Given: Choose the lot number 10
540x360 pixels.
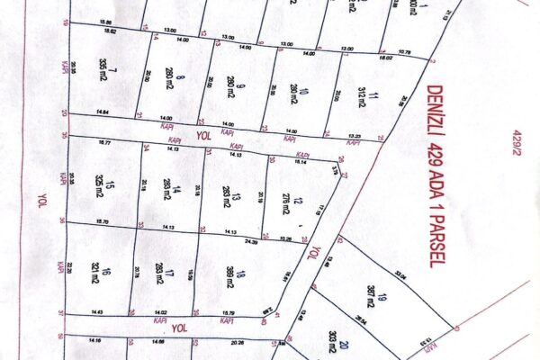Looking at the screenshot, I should (303, 91).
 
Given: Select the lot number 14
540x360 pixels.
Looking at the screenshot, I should (177, 190).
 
